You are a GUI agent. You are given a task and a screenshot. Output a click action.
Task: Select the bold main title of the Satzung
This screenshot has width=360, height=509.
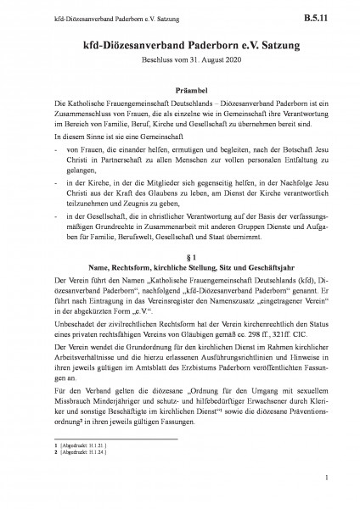(x=180, y=42)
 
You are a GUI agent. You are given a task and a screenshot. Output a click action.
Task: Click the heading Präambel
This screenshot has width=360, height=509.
(x=180, y=85)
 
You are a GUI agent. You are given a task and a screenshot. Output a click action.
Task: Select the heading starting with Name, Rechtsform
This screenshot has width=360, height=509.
(x=180, y=266)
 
